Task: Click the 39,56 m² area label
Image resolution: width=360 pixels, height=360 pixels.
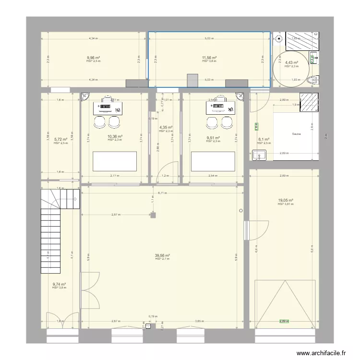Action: click(163, 255)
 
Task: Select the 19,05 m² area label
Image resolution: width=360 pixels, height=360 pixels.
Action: click(285, 201)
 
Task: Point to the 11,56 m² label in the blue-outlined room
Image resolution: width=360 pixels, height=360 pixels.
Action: click(209, 58)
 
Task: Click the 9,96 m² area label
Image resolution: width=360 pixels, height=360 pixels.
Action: click(93, 58)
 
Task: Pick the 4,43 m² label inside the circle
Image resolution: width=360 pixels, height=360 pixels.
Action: click(291, 63)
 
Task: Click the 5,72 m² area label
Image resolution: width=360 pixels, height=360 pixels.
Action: click(60, 140)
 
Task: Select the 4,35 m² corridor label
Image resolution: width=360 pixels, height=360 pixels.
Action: click(166, 127)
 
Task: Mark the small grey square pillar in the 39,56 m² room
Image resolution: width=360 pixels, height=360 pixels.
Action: click(153, 215)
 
